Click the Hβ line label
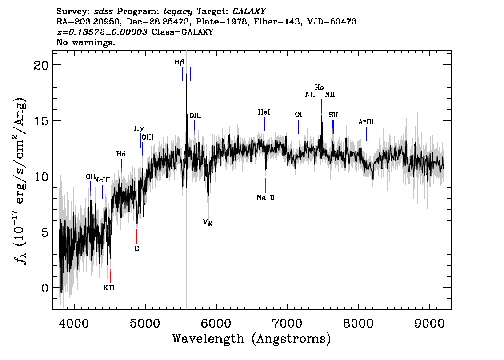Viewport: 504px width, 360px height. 180,62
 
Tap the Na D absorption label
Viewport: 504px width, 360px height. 265,198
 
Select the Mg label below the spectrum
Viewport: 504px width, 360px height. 207,222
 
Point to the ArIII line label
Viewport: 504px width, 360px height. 366,122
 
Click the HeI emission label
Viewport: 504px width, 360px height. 264,112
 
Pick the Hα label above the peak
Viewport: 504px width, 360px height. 320,88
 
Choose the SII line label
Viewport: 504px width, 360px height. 333,115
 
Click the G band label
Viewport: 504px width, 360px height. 136,248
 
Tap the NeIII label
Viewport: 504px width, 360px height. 102,180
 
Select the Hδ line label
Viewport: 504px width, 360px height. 121,154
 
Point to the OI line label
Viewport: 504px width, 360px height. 298,115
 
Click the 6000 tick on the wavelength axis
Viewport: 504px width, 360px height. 216,324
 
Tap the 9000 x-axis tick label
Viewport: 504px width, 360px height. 429,324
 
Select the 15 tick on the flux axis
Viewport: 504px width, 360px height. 41,121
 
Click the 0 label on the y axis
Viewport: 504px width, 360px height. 45,288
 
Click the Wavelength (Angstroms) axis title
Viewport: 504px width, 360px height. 252,339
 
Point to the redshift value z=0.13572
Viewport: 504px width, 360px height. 102,32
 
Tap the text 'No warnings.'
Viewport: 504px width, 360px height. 85,42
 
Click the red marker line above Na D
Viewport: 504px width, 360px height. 265,185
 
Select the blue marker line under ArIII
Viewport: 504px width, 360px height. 366,134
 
